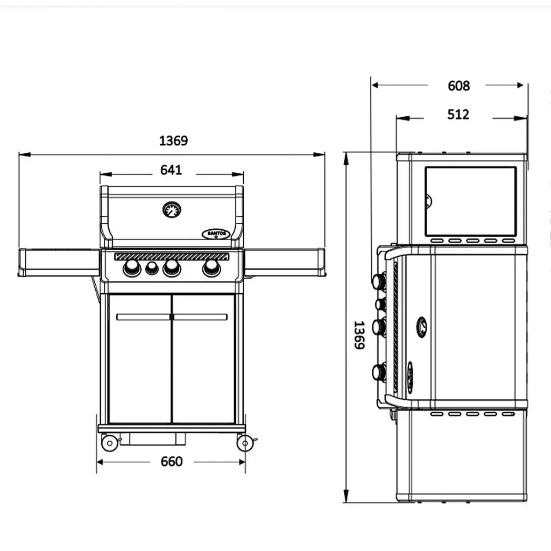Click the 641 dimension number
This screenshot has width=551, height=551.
coord(171,170)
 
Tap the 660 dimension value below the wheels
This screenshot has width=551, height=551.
coord(172,461)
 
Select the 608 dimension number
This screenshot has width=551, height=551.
coord(458,86)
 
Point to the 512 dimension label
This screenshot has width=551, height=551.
coord(458,115)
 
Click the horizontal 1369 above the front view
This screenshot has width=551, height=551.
coord(173,140)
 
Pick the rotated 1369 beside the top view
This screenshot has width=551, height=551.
coord(359,335)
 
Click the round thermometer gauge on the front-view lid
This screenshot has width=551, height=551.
coord(172,210)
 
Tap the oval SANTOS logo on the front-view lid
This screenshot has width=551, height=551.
coord(216,234)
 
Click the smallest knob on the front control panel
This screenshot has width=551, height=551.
coord(152,269)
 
